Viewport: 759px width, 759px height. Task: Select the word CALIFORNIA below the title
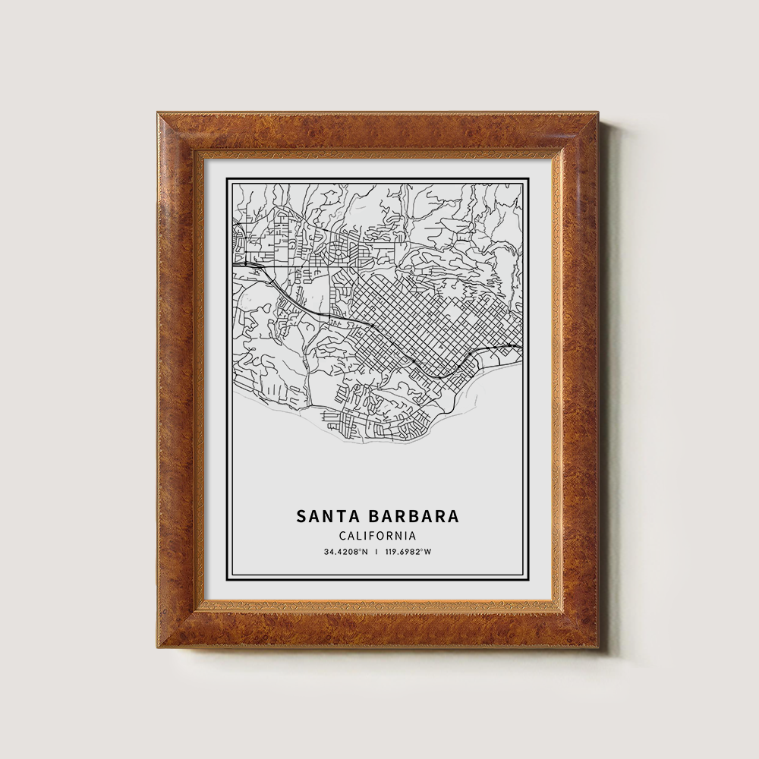[x=377, y=536]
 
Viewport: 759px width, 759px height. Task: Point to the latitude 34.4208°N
[x=345, y=552]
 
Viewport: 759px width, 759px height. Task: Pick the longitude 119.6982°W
[x=409, y=552]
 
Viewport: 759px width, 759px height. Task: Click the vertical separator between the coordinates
[x=377, y=552]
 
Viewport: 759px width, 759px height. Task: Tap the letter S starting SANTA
[x=301, y=516]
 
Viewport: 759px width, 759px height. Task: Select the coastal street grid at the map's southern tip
[x=372, y=425]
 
